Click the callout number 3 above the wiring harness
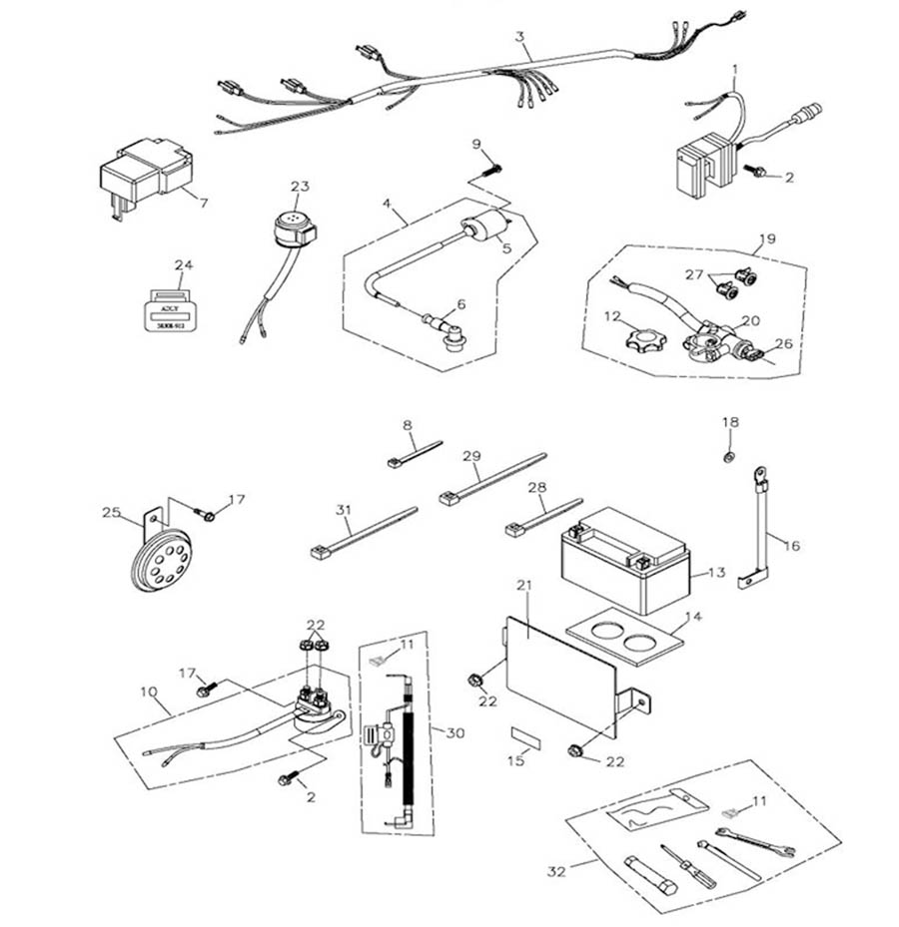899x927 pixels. [x=519, y=38]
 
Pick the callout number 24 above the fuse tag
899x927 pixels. [x=182, y=265]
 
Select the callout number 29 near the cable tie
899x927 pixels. [x=472, y=455]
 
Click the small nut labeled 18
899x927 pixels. [x=729, y=457]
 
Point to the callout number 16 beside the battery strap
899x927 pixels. [x=791, y=547]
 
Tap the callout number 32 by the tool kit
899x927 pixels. [x=556, y=872]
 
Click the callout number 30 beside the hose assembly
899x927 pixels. [x=455, y=733]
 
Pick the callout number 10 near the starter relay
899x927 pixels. [x=149, y=690]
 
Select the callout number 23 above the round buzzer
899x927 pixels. [x=300, y=187]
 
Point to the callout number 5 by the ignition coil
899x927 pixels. [x=506, y=247]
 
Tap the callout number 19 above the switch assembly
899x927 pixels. [x=766, y=239]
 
